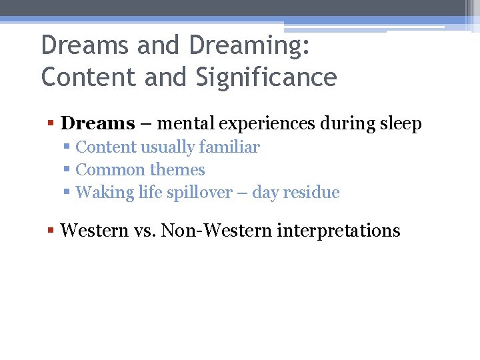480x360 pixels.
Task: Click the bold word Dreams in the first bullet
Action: [x=97, y=123]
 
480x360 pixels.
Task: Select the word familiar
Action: [x=228, y=147]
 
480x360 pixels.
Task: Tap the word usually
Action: [x=167, y=147]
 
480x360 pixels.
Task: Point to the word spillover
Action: [x=193, y=193]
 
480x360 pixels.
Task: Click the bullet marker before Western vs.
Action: [x=51, y=231]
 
